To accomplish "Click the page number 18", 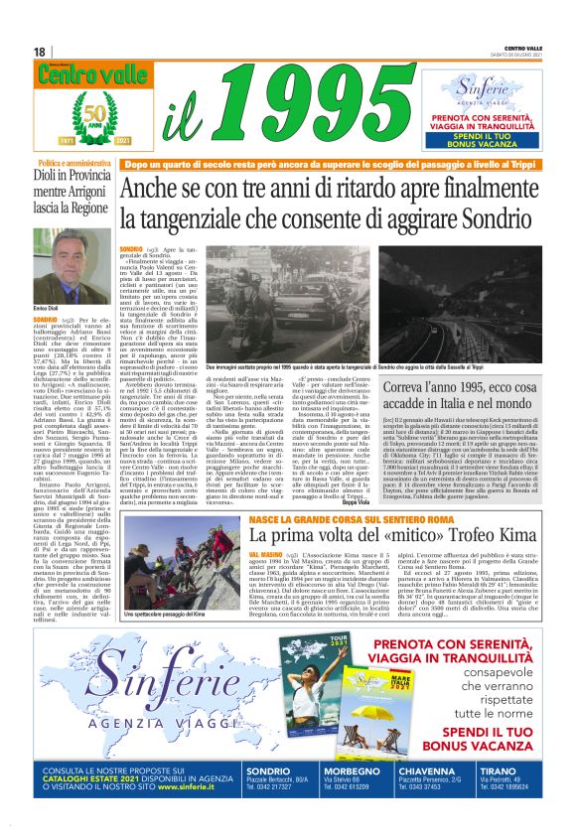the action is pos(39,52).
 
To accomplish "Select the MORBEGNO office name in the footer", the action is pos(323,770).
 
